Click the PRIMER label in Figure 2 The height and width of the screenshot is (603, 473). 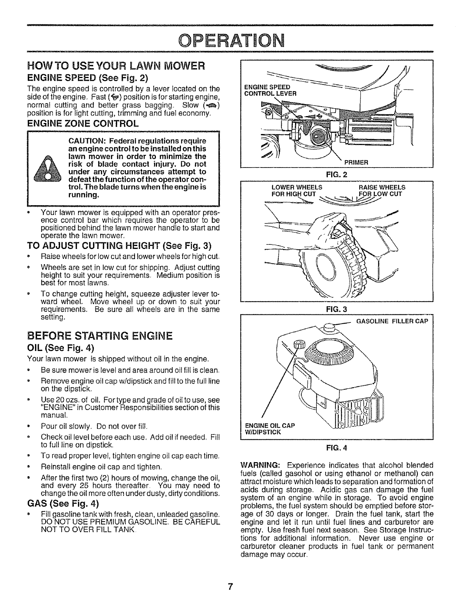coord(356,163)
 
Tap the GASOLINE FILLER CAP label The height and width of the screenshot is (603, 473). coord(392,321)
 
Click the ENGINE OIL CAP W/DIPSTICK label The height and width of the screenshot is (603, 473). coord(270,428)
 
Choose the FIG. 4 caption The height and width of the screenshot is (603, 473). coord(336,448)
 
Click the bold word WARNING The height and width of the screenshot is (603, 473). coord(261,466)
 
